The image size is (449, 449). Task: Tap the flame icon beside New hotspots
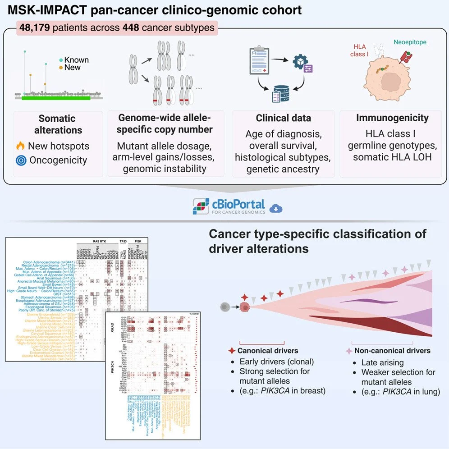(x=20, y=146)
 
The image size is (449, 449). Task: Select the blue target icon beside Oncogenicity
(x=20, y=160)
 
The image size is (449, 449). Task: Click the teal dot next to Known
(x=61, y=60)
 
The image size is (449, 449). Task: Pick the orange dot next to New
(x=61, y=68)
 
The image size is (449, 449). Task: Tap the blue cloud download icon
(x=275, y=208)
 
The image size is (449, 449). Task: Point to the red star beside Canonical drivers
(x=232, y=351)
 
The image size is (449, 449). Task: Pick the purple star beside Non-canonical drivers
(x=349, y=351)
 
